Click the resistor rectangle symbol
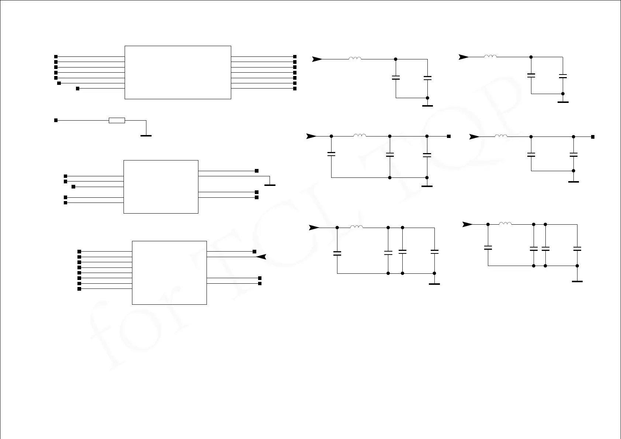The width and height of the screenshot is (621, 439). click(x=117, y=120)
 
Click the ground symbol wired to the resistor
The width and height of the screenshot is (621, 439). click(x=146, y=135)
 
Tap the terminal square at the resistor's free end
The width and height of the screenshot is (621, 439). click(x=56, y=120)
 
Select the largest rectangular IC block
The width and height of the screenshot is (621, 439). click(x=178, y=72)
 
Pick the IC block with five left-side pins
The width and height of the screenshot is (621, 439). click(x=161, y=187)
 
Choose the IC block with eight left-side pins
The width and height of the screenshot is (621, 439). click(x=169, y=273)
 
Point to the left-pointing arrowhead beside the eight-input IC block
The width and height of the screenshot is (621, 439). click(x=261, y=257)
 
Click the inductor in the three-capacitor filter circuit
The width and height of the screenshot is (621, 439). click(x=360, y=136)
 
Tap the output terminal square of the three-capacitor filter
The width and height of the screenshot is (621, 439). click(x=449, y=136)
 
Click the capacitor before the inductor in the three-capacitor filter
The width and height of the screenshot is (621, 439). click(x=331, y=154)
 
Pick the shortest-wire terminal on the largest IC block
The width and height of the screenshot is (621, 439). click(x=78, y=89)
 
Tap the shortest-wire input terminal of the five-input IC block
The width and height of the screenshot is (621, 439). click(x=73, y=187)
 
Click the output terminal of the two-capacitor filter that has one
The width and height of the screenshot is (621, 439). click(x=593, y=137)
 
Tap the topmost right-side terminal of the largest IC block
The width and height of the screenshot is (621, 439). click(x=295, y=57)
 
